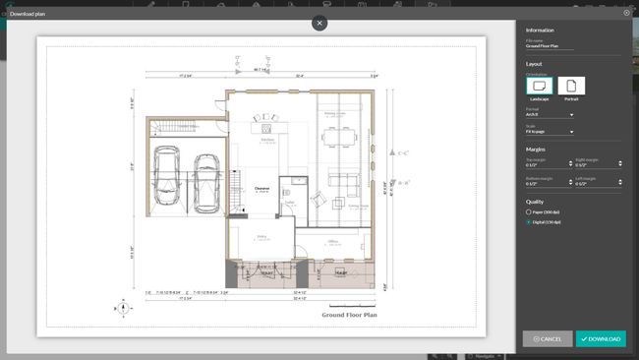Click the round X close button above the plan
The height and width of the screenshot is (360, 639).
coord(319,23)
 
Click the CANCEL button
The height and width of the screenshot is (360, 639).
coord(548,338)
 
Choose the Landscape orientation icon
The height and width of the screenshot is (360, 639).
coord(540,88)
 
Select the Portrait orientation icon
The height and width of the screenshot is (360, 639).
coord(571,88)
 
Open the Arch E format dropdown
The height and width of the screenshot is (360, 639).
coord(551,115)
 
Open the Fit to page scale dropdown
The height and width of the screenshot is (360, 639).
coord(551,131)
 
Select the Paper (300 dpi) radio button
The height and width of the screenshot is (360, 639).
coord(529,211)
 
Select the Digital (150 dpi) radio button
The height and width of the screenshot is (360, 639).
coord(529,221)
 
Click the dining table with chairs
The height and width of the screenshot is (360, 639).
coord(335,136)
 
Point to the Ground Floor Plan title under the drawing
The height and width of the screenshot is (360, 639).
coord(349,316)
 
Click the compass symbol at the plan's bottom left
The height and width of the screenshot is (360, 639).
coord(121,307)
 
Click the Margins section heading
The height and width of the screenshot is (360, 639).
coord(536,150)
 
